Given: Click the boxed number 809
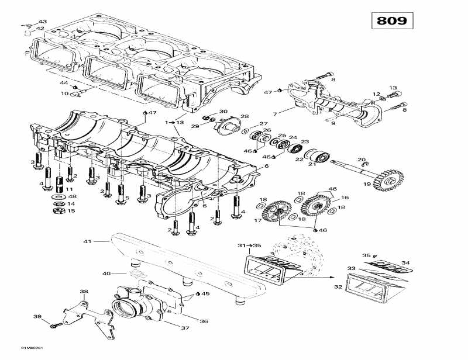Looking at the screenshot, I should [x=392, y=21].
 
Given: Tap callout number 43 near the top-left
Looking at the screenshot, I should [x=43, y=22].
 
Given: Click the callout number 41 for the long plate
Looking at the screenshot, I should [x=88, y=241].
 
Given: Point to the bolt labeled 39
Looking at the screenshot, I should [x=56, y=324].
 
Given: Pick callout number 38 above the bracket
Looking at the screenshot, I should [x=84, y=292].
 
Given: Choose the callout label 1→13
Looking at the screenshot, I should [x=174, y=122].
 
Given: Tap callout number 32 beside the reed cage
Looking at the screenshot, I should [x=338, y=287].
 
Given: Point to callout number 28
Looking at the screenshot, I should [x=244, y=116].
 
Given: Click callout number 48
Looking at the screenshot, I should [x=72, y=196].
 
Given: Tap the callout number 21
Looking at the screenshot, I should [x=312, y=164].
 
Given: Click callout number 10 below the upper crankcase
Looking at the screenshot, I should [x=64, y=94].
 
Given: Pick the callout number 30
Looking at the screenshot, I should [x=223, y=111].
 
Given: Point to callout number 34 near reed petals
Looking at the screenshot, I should [x=405, y=262].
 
